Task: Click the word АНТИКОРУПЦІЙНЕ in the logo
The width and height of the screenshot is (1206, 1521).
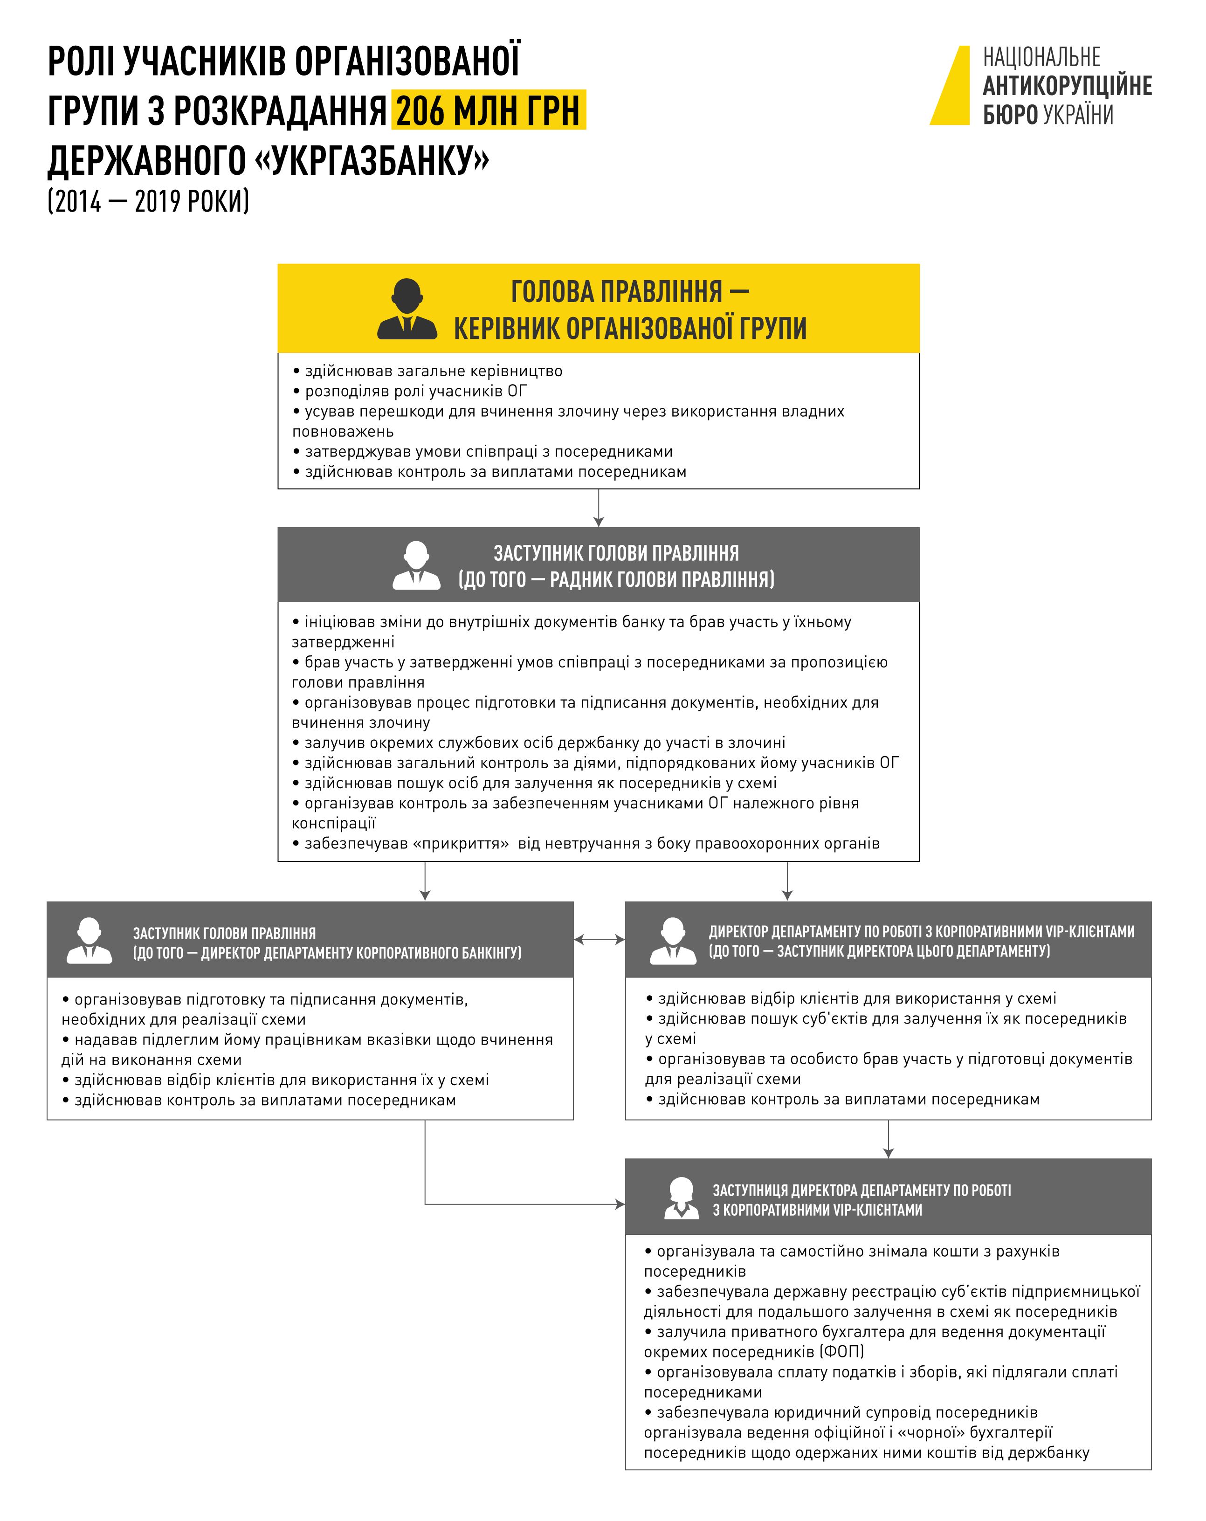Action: pos(1067,86)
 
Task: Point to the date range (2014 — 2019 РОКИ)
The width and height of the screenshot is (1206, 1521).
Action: pos(148,202)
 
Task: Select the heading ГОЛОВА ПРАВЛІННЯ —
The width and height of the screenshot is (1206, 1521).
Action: pos(629,291)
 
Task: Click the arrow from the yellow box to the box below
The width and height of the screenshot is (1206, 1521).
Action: pos(599,508)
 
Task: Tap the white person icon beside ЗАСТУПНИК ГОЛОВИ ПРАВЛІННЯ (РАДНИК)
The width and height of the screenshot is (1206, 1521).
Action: pos(416,565)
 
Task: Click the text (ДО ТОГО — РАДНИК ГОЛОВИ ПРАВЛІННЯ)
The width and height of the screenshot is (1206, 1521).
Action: pos(616,579)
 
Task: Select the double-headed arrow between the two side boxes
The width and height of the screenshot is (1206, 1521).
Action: pos(599,939)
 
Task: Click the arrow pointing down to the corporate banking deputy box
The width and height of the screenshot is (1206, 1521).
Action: pos(425,882)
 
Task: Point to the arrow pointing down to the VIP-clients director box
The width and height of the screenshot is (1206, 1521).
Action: pos(787,882)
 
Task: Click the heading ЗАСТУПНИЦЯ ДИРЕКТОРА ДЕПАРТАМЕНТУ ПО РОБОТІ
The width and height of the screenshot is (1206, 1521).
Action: pos(861,1190)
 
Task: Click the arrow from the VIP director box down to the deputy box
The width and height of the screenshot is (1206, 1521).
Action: pos(889,1139)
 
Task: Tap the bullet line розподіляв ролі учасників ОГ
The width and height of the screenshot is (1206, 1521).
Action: pos(416,391)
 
